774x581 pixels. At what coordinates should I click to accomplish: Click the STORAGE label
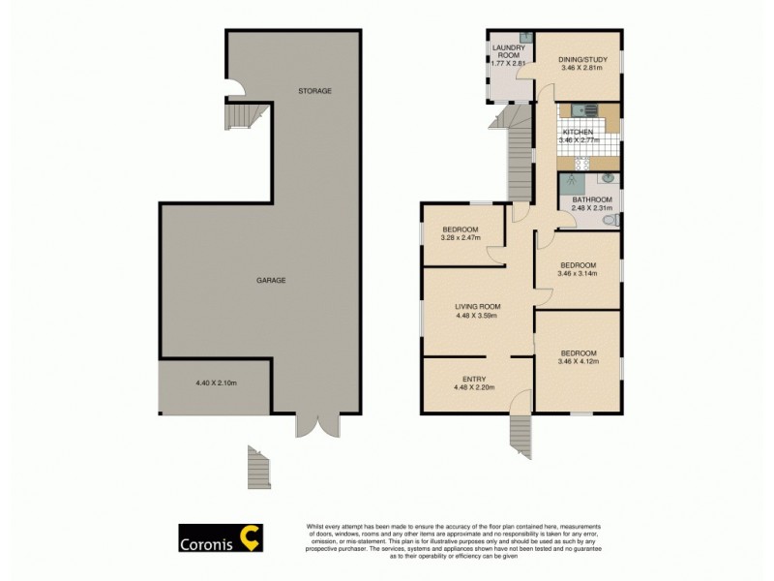coord(314,91)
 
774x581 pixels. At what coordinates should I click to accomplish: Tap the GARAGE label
coord(271,280)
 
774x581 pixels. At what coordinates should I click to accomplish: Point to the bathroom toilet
coord(609,220)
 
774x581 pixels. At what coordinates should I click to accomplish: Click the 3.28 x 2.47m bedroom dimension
coord(461,237)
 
